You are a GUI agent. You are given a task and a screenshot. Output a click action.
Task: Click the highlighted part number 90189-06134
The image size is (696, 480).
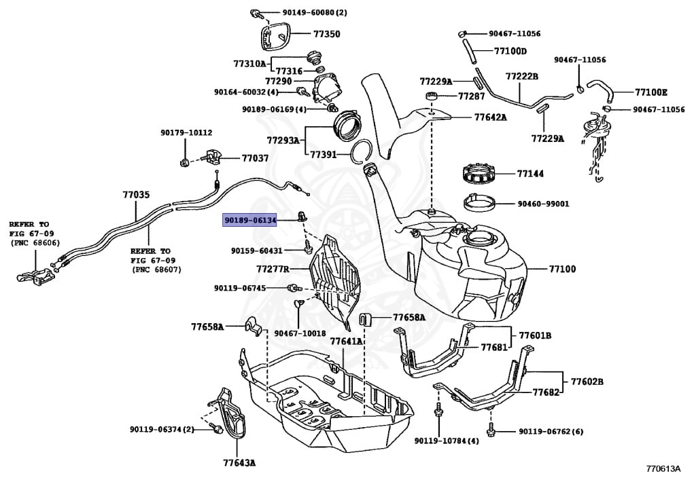(251, 220)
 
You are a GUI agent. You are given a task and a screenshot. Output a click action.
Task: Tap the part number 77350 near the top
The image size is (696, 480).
(326, 33)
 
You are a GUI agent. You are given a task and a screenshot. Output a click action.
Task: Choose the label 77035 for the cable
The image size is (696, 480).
(136, 195)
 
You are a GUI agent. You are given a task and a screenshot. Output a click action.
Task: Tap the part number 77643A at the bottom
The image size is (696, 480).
(239, 463)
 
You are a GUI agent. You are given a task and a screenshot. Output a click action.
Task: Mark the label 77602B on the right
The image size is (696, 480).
(587, 382)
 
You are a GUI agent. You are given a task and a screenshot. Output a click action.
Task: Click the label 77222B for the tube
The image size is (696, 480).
(521, 76)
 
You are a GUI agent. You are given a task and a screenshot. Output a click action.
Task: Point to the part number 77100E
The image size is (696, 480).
(651, 92)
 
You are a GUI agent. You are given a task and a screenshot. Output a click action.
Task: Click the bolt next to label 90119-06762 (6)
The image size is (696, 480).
(491, 430)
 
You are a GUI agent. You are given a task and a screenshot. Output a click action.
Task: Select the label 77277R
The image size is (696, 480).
(273, 270)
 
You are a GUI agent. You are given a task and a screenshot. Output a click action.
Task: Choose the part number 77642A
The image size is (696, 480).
(490, 117)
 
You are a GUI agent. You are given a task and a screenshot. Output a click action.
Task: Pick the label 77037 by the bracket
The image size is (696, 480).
(255, 158)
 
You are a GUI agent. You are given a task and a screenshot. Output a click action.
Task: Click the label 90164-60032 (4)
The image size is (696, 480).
(246, 92)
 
